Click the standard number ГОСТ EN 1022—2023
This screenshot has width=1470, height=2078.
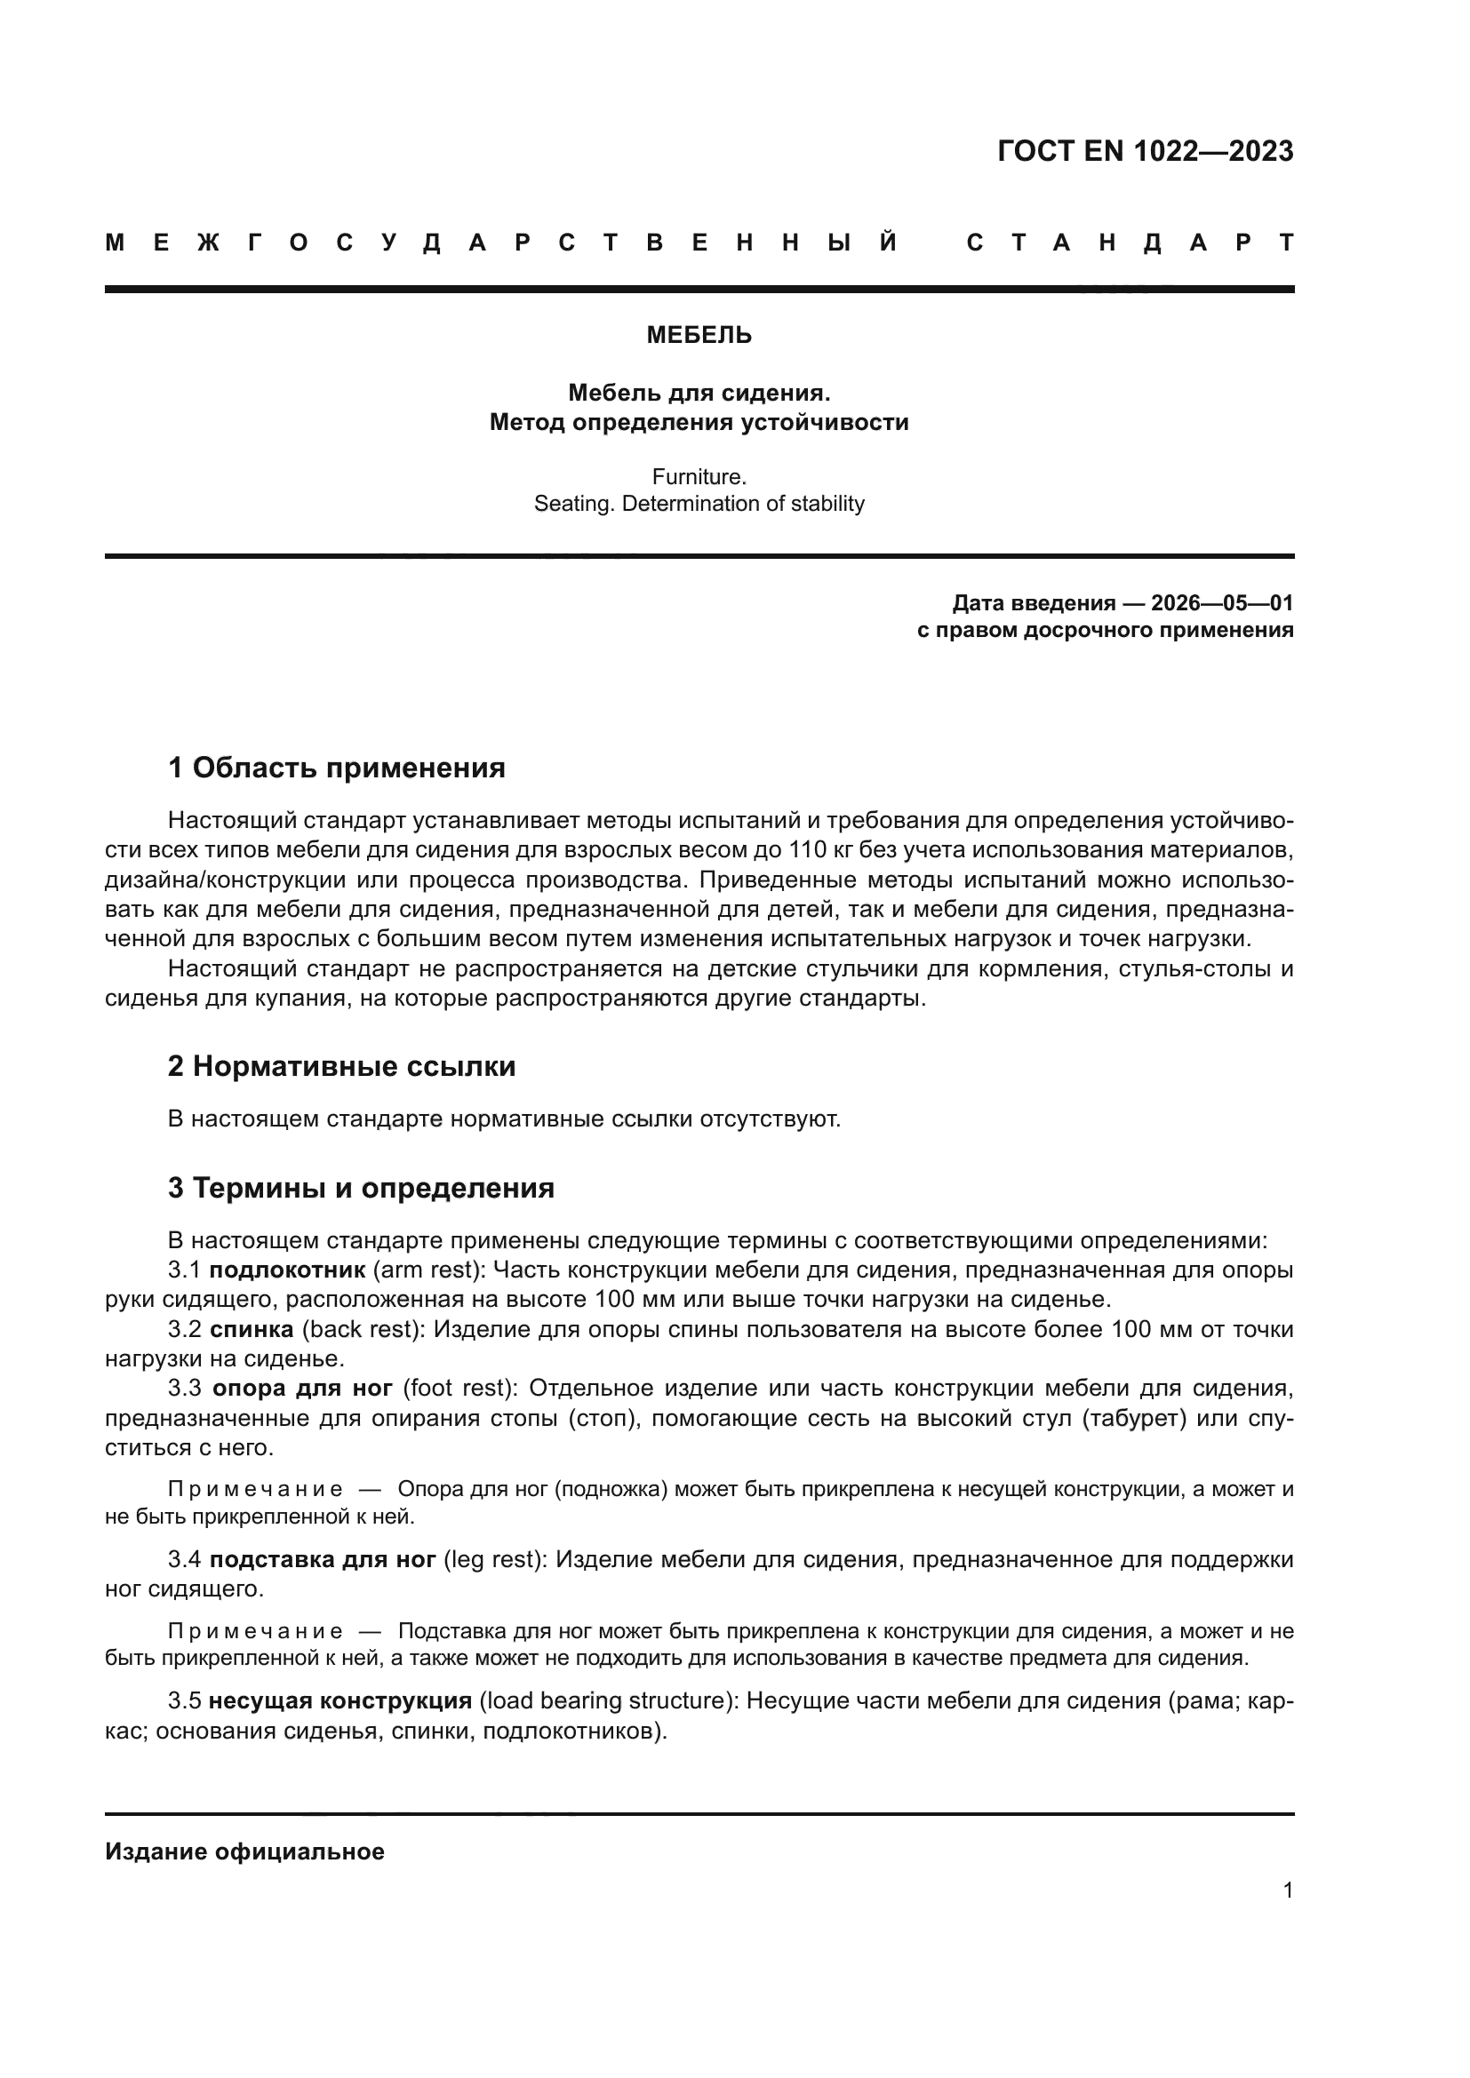(1145, 151)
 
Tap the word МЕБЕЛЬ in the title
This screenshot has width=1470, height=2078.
(699, 336)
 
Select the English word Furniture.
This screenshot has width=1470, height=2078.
(699, 476)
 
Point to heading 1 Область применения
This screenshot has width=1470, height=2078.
(337, 768)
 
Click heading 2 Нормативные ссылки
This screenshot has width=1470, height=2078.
(341, 1066)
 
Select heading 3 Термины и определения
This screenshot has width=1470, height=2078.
(361, 1188)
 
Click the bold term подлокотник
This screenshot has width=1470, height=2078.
(287, 1270)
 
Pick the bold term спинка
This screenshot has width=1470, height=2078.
(252, 1330)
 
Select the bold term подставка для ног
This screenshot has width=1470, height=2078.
(324, 1559)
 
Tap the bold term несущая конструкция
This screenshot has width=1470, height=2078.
(340, 1700)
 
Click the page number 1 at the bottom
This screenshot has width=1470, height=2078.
(1287, 1891)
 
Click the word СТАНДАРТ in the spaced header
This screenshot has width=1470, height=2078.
(1130, 243)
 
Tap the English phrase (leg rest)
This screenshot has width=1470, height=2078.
(494, 1559)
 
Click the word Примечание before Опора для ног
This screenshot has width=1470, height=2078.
(255, 1490)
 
